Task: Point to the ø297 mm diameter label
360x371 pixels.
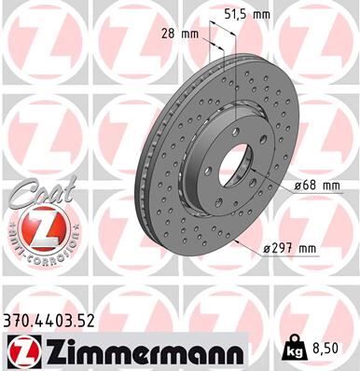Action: pyautogui.click(x=291, y=247)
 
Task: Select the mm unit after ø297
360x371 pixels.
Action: pyautogui.click(x=309, y=247)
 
